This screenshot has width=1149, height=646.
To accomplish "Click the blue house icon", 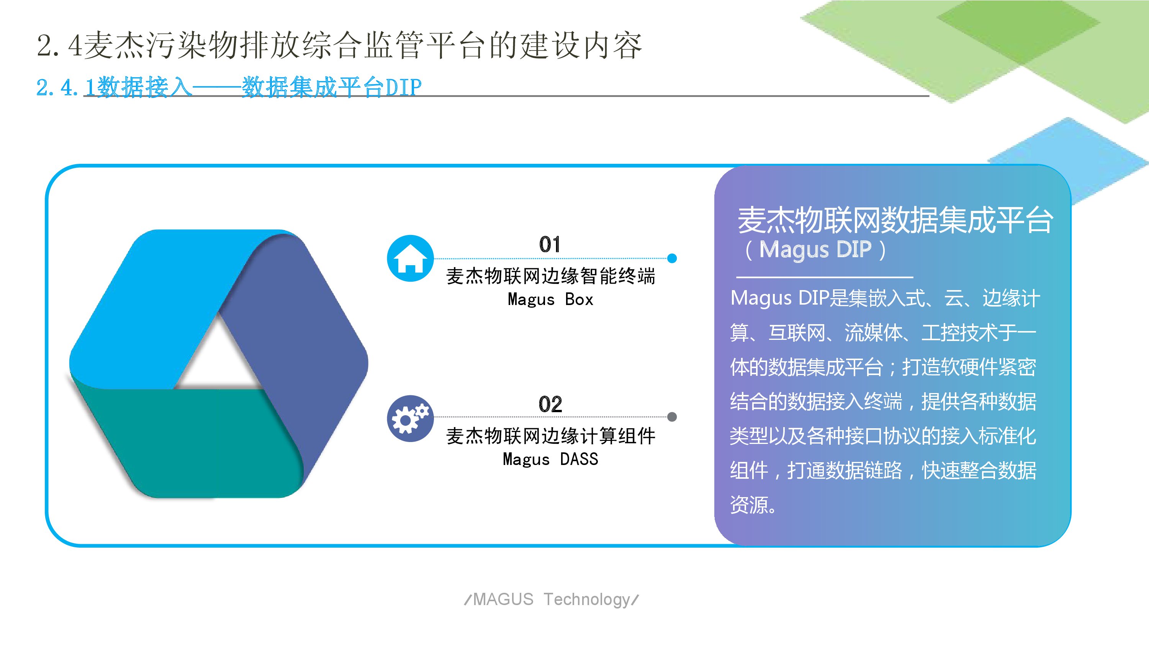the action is [x=410, y=258].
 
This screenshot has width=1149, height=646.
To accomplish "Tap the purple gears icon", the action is [x=410, y=419].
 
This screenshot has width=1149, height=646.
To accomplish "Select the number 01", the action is [x=550, y=244].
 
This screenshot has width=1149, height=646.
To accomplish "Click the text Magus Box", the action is [x=550, y=299].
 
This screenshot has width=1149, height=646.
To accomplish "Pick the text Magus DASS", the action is [x=550, y=459].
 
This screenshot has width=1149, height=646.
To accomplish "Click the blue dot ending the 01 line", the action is [x=672, y=258].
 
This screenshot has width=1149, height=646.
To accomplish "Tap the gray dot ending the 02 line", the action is [x=672, y=417].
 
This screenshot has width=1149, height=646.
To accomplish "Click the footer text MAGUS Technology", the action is [x=552, y=600].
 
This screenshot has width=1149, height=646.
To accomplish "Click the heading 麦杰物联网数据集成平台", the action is [x=895, y=220].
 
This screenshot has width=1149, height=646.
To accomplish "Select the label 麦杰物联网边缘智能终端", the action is [x=550, y=276].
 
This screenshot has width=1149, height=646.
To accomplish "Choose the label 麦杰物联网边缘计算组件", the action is [x=550, y=436].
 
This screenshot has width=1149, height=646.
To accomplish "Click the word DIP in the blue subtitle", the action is [x=403, y=87].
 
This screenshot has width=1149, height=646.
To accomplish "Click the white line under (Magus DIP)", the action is [x=825, y=277].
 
